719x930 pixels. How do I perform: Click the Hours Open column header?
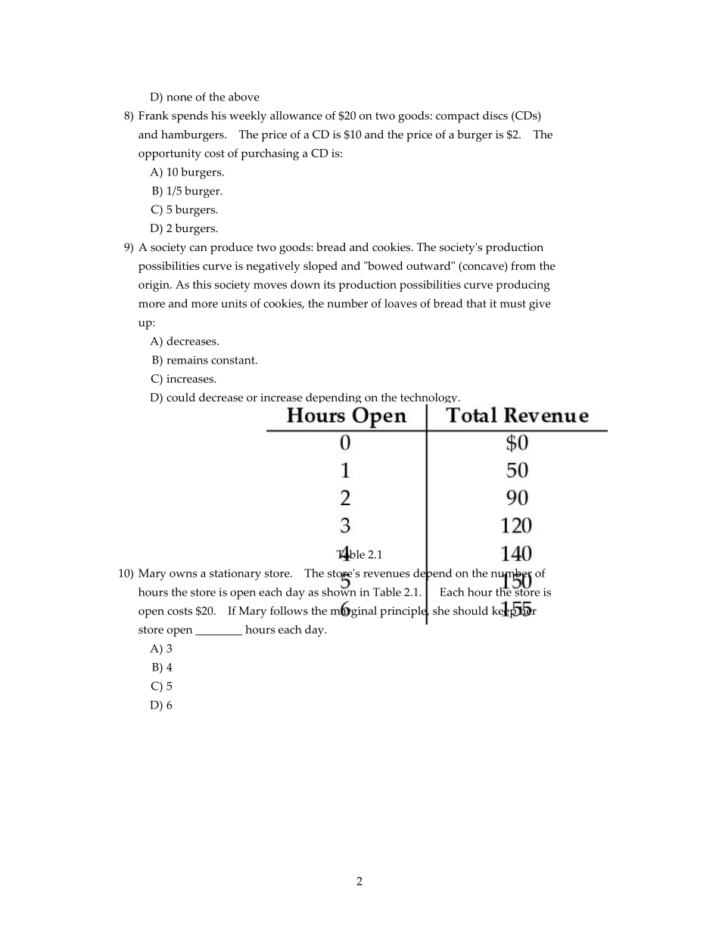point(347,416)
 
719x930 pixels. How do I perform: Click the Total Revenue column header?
point(517,416)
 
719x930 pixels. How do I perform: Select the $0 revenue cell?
point(517,443)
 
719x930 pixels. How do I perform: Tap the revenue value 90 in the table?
point(517,498)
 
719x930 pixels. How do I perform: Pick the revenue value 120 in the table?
point(516,525)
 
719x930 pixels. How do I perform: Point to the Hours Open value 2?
point(345,498)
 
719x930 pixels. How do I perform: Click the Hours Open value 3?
point(345,525)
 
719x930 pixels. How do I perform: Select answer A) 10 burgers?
point(187,172)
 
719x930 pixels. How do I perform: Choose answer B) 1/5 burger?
point(187,191)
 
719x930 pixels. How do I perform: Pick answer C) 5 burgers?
point(184,210)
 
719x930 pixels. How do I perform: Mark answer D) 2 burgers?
point(184,228)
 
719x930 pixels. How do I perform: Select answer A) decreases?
point(185,342)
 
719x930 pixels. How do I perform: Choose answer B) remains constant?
point(204,361)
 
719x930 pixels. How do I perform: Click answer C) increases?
point(183,380)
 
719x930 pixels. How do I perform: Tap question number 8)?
point(129,116)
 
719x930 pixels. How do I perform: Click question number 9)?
point(129,247)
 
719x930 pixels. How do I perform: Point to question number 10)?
point(126,574)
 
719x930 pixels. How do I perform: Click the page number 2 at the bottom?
point(359,881)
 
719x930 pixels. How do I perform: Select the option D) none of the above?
point(204,97)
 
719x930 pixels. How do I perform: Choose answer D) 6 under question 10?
point(161,705)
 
